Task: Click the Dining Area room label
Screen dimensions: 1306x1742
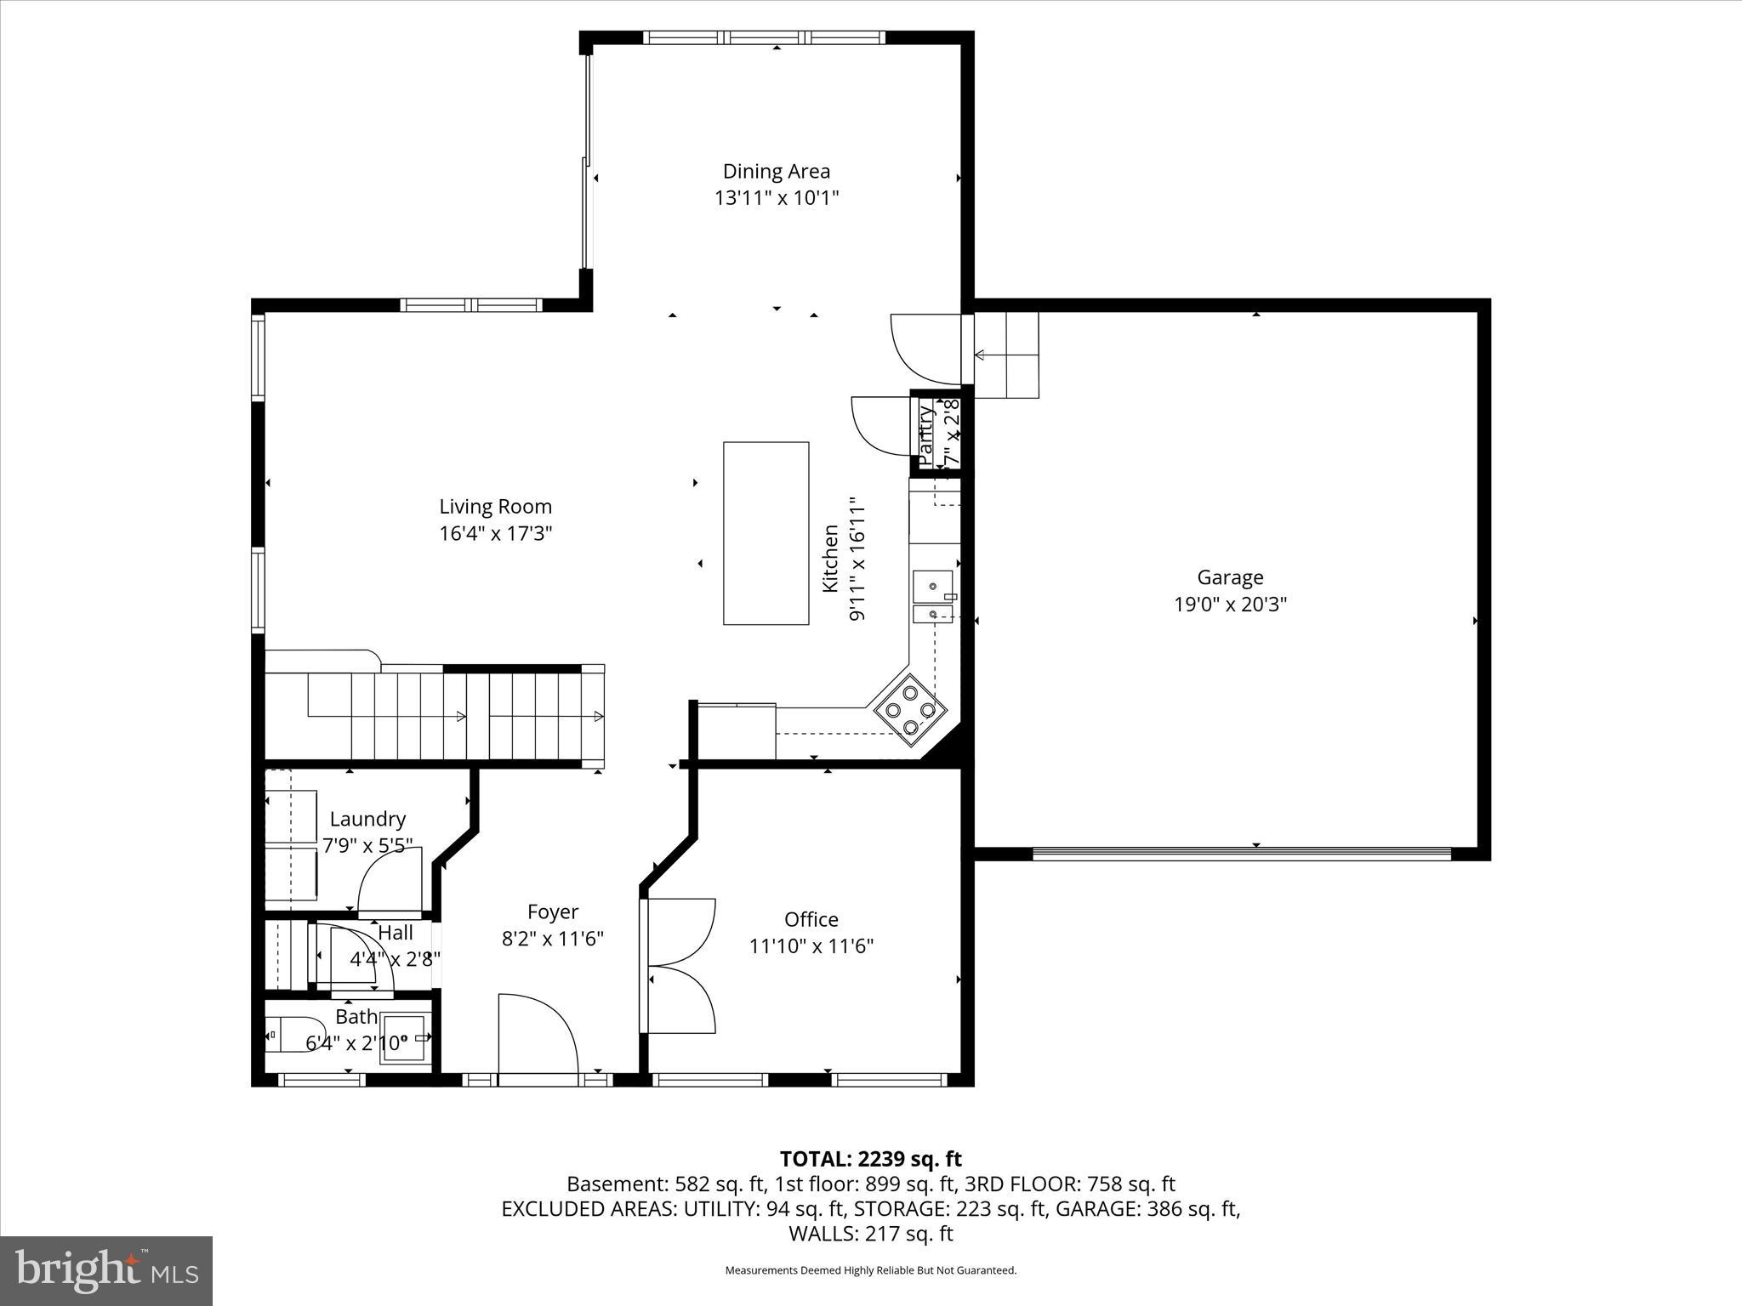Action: tap(776, 172)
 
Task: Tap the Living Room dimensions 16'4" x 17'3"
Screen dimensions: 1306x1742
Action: tap(496, 534)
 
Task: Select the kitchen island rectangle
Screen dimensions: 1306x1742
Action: tap(766, 533)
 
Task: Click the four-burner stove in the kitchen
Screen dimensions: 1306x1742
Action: tap(909, 709)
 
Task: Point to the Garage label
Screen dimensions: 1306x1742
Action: tap(1230, 578)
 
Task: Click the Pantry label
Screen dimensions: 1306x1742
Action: tap(926, 434)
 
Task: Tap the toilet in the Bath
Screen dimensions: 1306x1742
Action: tap(293, 1035)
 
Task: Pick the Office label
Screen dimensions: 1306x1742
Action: tap(811, 920)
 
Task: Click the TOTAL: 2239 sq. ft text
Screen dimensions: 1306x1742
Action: tap(870, 1159)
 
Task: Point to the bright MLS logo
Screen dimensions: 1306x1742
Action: tap(106, 1271)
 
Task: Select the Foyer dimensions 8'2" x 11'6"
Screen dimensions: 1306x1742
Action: tap(553, 940)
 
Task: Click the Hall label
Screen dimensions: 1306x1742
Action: tap(396, 933)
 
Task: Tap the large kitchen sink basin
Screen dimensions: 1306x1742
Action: tap(932, 586)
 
